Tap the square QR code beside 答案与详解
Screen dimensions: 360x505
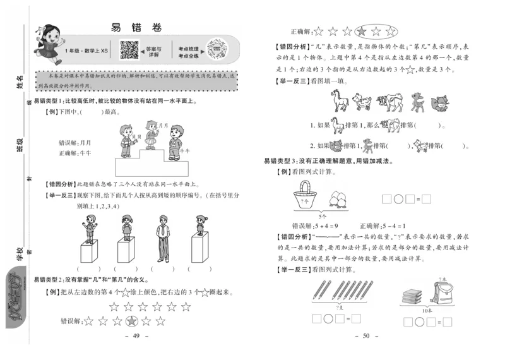coord(129,49)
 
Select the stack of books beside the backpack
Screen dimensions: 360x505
coord(411,296)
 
